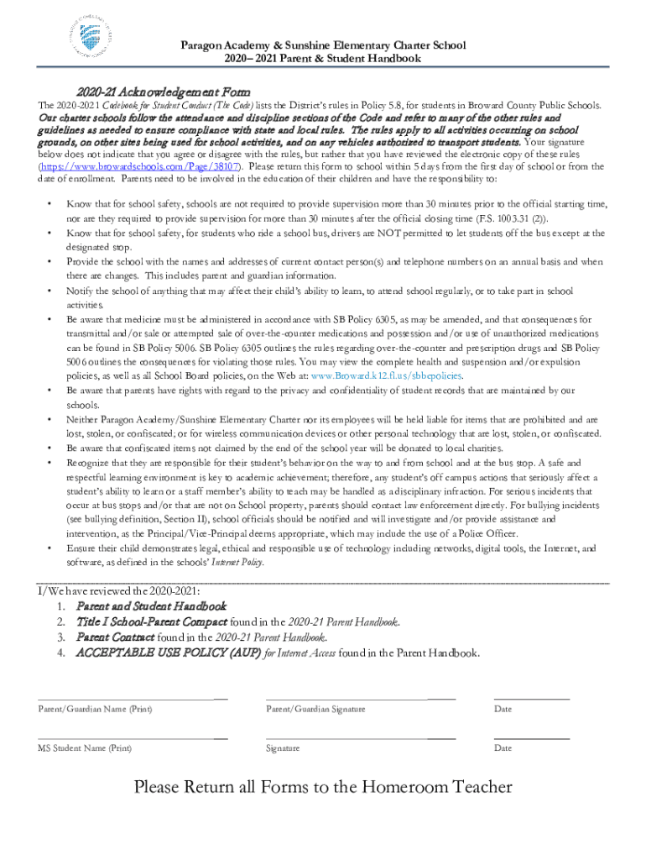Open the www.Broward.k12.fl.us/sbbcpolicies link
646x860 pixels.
(x=387, y=375)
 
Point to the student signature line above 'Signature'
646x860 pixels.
(x=360, y=737)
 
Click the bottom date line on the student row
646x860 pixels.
(x=531, y=737)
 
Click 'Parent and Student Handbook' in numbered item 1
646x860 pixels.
(x=152, y=606)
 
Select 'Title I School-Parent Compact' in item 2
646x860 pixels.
(x=152, y=621)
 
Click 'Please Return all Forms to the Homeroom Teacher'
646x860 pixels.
(x=323, y=787)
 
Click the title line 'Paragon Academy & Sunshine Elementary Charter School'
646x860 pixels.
(x=324, y=45)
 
